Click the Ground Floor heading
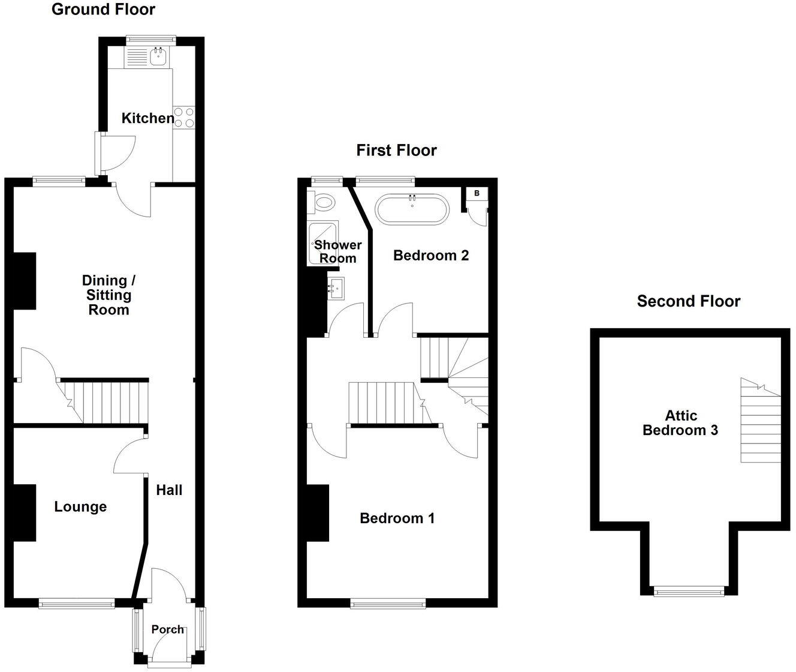coord(103,10)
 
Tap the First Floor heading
coord(396,150)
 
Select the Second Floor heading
coord(688,301)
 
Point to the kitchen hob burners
coord(184,117)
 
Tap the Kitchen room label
coord(147,118)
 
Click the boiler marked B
coord(477,193)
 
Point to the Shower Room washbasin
coord(336,289)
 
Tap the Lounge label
coord(80,507)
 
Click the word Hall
coord(169,490)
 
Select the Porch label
coord(168,629)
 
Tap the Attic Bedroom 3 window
coord(689,591)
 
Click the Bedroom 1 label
coord(397,518)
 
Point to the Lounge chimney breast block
coord(24,512)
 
